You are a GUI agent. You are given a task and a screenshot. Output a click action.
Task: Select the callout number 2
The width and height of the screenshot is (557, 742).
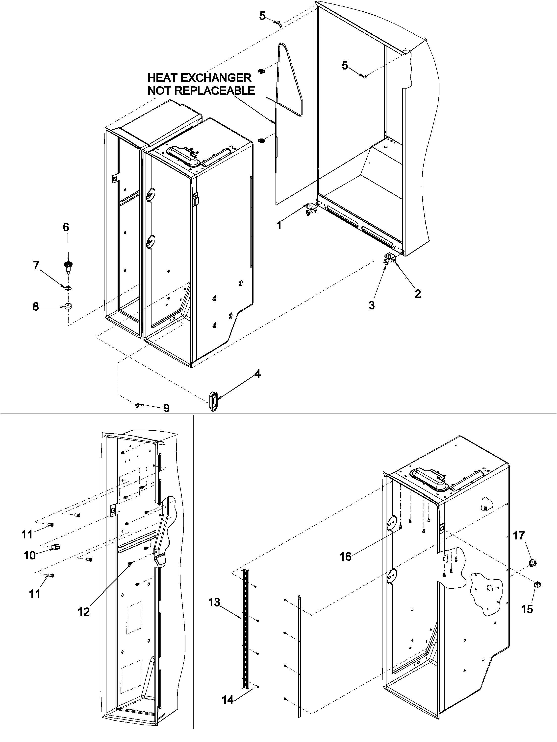pyautogui.click(x=417, y=294)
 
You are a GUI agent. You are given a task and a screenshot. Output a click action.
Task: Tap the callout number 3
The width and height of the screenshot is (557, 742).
pyautogui.click(x=371, y=305)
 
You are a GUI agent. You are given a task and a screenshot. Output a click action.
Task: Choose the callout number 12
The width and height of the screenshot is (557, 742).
pyautogui.click(x=84, y=612)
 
